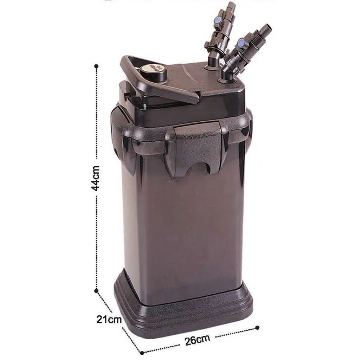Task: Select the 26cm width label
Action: (x=197, y=340)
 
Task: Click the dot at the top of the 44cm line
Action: (x=96, y=66)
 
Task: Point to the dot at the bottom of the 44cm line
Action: (x=96, y=291)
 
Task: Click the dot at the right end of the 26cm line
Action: (x=257, y=327)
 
